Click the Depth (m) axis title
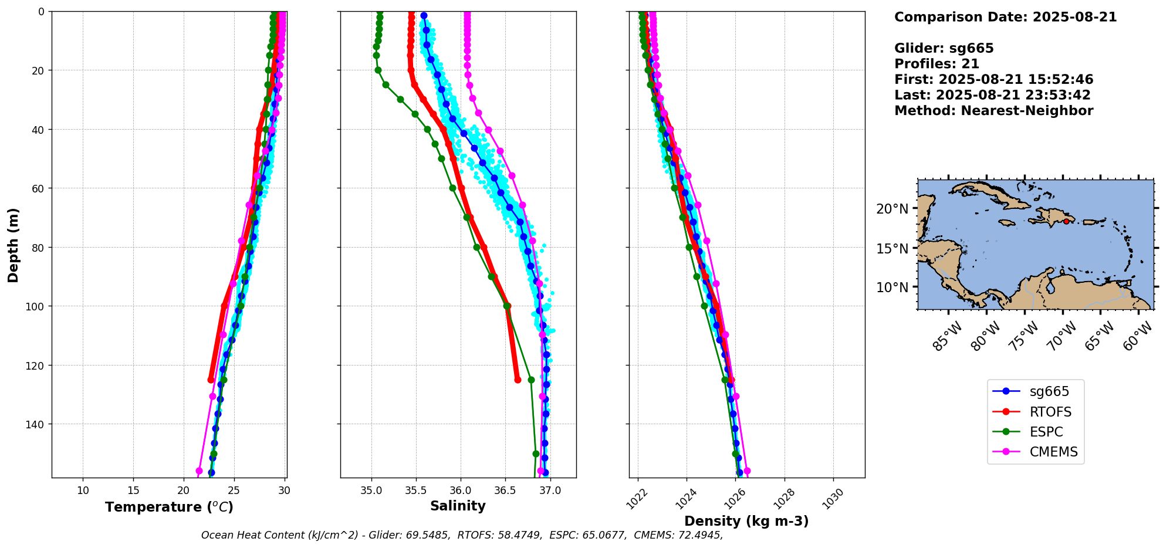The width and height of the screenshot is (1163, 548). (13, 245)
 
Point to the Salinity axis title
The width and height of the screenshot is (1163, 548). (458, 506)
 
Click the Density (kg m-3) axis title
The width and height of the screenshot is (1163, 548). (746, 521)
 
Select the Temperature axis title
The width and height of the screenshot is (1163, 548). (169, 507)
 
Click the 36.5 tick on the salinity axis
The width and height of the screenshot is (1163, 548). (505, 491)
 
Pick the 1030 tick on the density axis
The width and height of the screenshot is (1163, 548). (833, 498)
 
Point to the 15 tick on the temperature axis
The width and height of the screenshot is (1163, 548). (133, 491)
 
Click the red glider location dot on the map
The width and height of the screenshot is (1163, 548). (1066, 221)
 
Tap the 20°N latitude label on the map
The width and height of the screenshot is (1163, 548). (892, 209)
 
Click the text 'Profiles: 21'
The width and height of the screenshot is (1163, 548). (937, 64)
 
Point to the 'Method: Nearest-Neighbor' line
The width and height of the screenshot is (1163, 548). (993, 111)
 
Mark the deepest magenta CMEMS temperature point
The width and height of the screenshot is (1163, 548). (199, 471)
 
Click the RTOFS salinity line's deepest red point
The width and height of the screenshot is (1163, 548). (518, 380)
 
